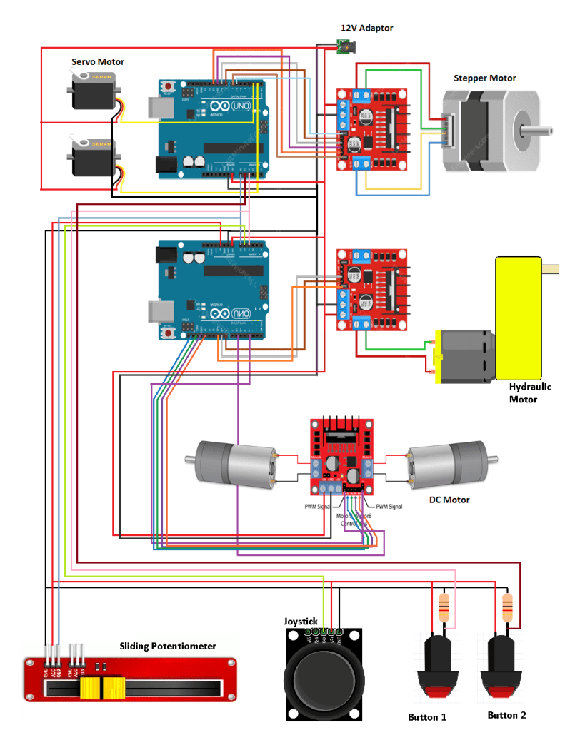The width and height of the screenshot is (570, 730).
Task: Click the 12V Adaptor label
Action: pyautogui.click(x=366, y=28)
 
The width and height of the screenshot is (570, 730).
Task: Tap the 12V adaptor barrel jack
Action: pyautogui.click(x=346, y=48)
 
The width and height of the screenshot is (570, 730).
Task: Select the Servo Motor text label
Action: pyautogui.click(x=97, y=62)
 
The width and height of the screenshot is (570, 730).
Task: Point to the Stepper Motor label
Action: pyautogui.click(x=484, y=78)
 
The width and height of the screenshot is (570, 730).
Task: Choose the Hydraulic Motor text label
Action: pyautogui.click(x=530, y=393)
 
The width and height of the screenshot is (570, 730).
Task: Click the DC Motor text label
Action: pyautogui.click(x=449, y=500)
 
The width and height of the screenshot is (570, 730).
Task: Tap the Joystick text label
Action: pyautogui.click(x=300, y=622)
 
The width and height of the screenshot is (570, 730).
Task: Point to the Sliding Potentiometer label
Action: pyautogui.click(x=168, y=646)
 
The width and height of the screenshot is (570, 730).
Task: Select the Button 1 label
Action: pyautogui.click(x=427, y=716)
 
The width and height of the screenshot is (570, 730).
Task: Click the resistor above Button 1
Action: pyautogui.click(x=444, y=607)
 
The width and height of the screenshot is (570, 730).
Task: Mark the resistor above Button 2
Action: pyautogui.click(x=507, y=607)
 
